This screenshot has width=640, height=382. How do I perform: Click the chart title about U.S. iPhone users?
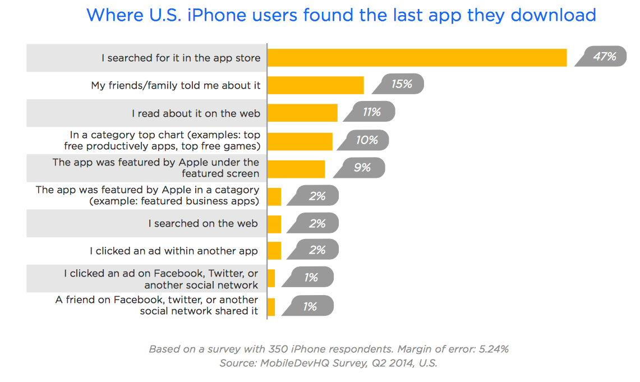point(341,15)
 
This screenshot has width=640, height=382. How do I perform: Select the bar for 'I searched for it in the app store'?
point(417,58)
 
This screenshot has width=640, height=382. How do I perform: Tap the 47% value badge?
point(601,56)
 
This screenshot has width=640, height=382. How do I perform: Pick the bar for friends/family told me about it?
point(315,85)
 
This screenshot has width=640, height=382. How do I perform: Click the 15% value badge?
point(398,84)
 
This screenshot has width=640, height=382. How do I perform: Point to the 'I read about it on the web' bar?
point(302,113)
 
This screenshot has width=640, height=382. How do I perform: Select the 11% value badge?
point(370,112)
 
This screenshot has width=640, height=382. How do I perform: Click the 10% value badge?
point(363,140)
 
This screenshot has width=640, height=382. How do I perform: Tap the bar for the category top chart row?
point(300,141)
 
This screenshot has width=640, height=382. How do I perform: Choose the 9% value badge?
point(359,168)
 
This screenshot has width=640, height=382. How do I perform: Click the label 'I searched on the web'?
point(203,223)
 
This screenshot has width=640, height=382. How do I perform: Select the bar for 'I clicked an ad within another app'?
point(274,251)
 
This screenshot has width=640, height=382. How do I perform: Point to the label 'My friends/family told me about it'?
point(176,85)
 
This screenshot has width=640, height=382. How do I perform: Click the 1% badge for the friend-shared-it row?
point(308,306)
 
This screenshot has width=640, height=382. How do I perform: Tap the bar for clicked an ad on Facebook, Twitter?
point(271,278)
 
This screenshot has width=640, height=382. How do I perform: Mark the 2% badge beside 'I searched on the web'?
point(312,223)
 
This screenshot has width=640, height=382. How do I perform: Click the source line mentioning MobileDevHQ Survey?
point(328,363)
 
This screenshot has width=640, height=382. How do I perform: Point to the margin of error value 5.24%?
point(494,349)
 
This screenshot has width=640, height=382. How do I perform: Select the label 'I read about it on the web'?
point(196,113)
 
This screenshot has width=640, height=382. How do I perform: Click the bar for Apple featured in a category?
point(274,197)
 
